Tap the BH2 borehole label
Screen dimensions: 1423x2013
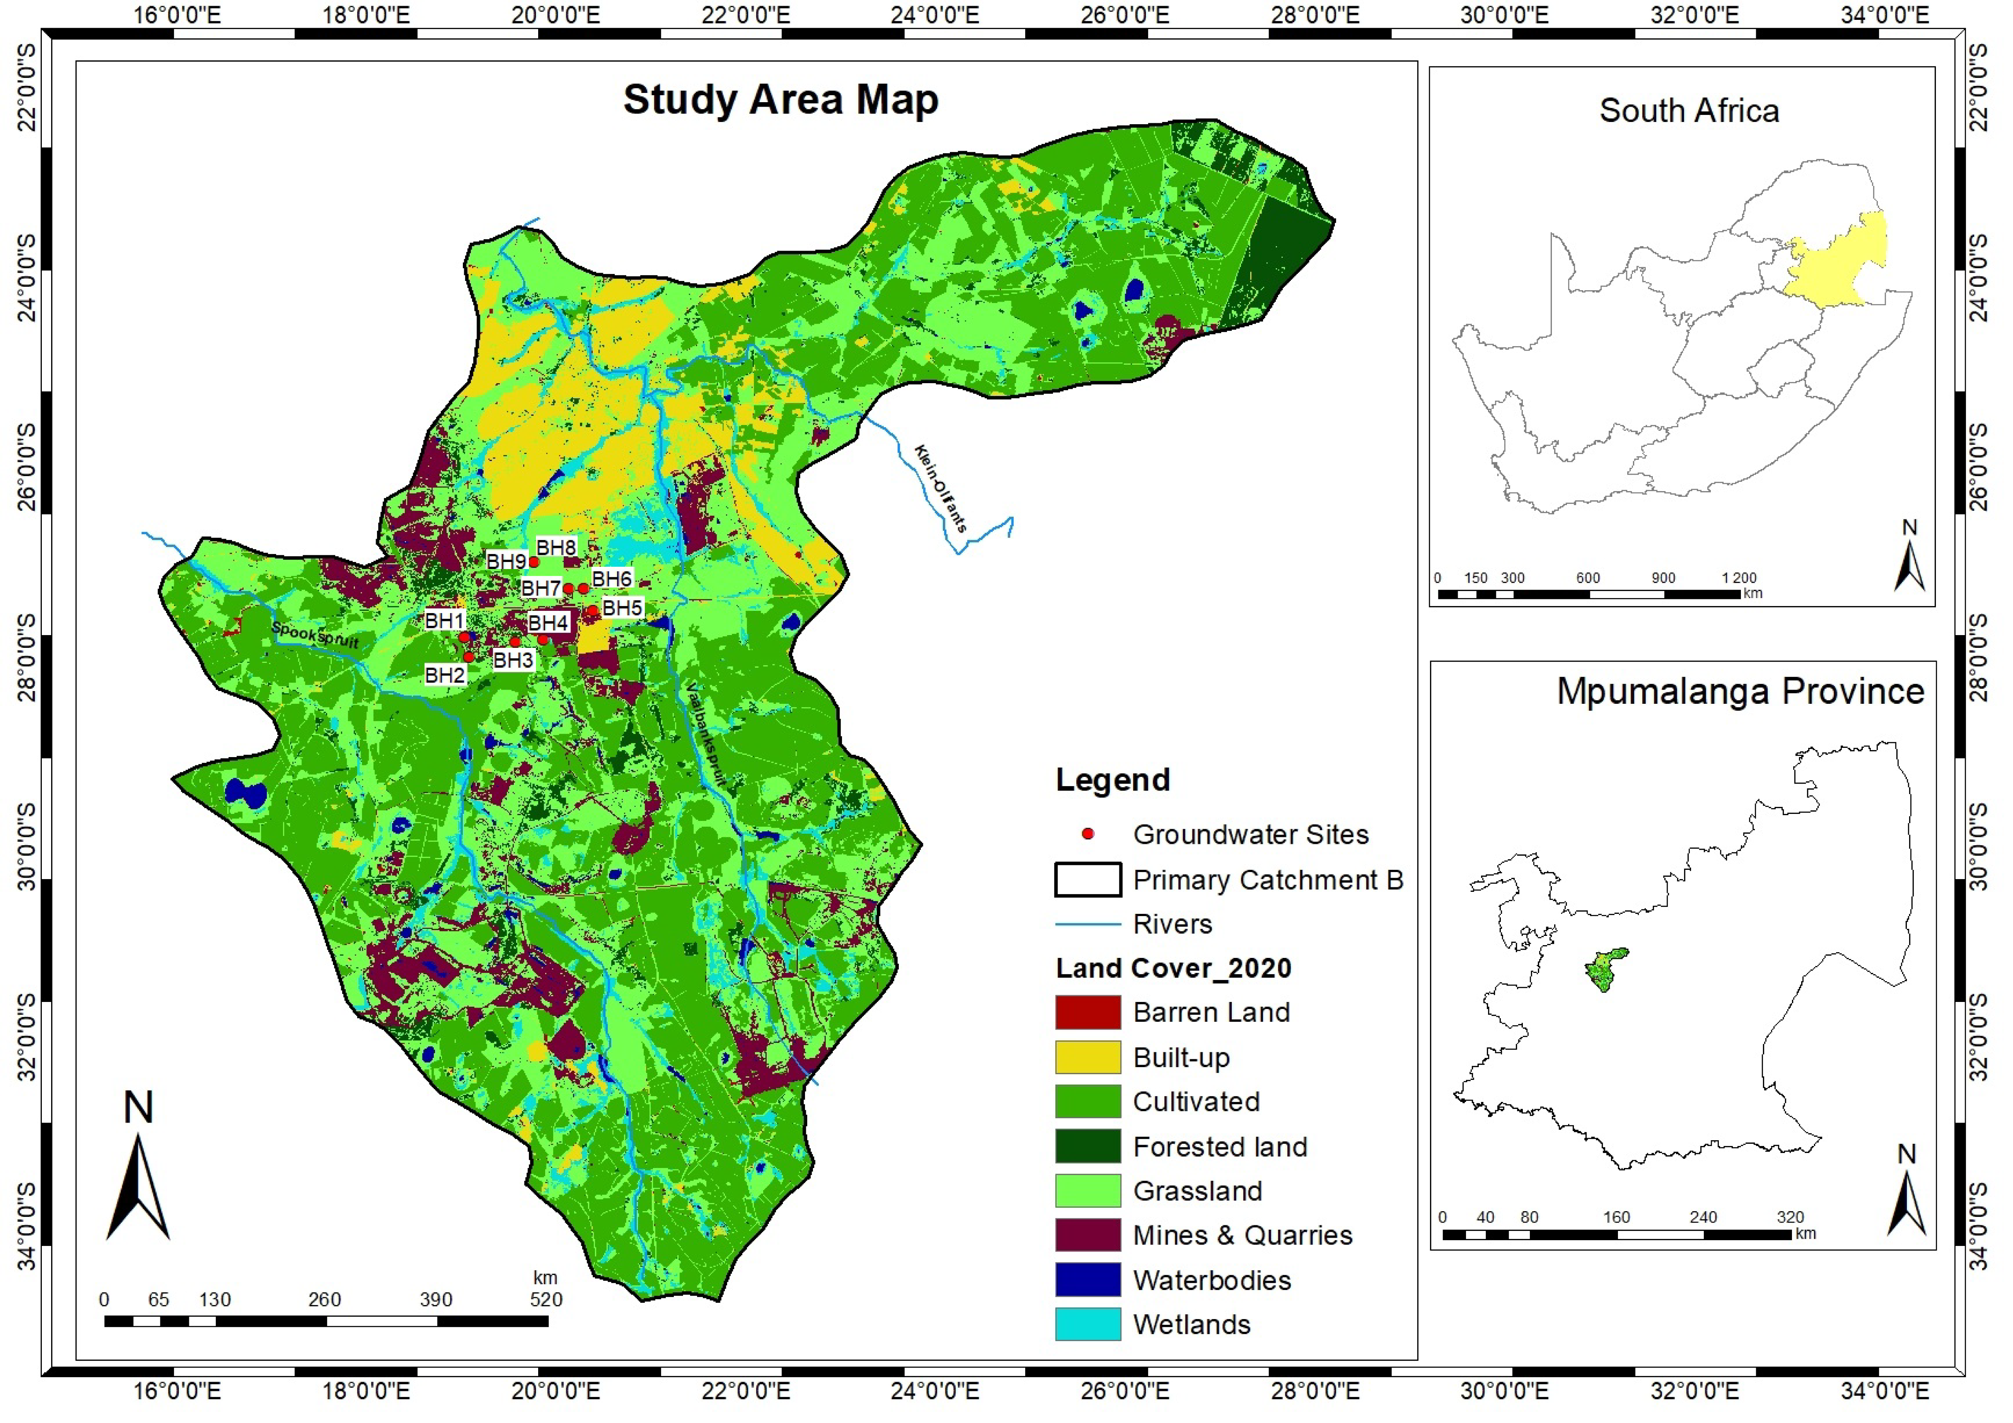[x=444, y=675]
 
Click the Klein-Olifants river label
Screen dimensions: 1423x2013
[x=940, y=488]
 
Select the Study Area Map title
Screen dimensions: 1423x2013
[x=780, y=100]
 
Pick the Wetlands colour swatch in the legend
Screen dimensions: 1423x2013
[x=1087, y=1324]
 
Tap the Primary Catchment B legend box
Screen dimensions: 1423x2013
[x=1087, y=880]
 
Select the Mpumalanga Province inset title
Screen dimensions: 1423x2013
[x=1740, y=692]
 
